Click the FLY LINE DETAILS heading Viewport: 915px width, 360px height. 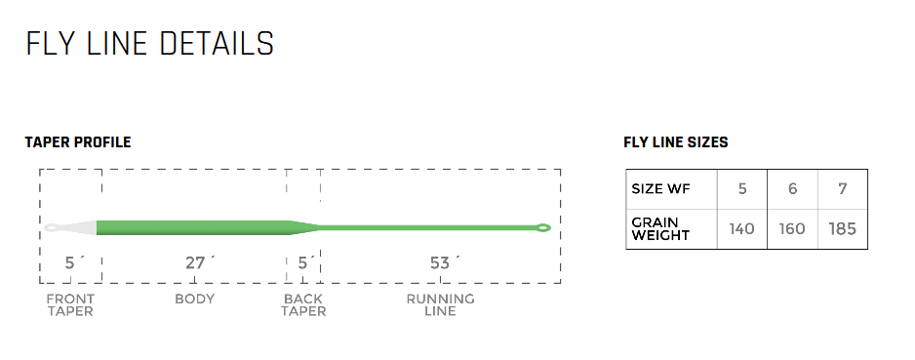point(149,44)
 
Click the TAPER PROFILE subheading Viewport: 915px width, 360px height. point(78,143)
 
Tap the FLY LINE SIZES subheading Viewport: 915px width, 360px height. point(675,143)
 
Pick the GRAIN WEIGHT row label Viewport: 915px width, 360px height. point(660,229)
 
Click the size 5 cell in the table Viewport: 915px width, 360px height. point(742,189)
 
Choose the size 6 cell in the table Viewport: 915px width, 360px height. point(792,189)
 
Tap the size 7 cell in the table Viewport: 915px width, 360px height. point(842,189)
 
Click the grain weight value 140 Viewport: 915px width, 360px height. point(742,229)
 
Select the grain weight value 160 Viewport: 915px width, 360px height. point(792,229)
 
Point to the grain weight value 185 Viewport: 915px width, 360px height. point(842,229)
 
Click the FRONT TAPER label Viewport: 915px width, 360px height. point(70,304)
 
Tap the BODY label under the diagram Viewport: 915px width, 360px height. point(195,299)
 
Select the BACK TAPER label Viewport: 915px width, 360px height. point(303,304)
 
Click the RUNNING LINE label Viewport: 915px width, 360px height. point(441,304)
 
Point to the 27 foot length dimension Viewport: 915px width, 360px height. point(198,262)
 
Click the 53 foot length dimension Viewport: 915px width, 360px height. point(442,262)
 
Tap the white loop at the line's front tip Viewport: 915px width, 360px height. point(52,228)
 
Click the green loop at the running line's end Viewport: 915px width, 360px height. point(543,228)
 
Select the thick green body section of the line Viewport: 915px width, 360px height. point(195,228)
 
